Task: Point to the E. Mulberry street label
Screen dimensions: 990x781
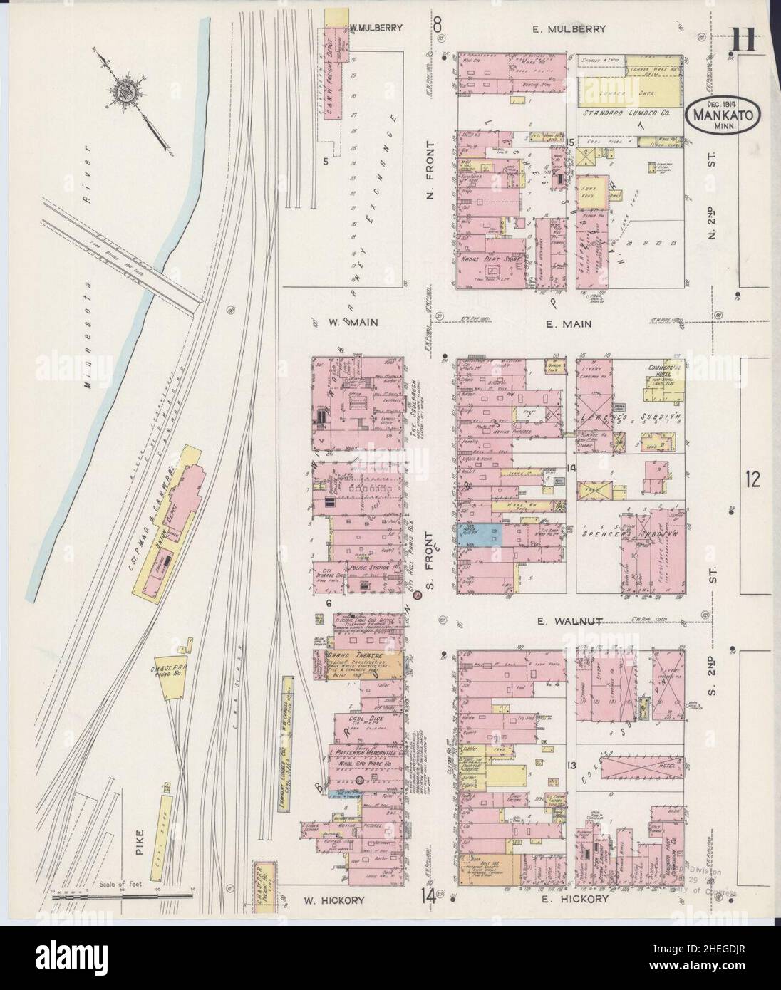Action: (568, 29)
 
